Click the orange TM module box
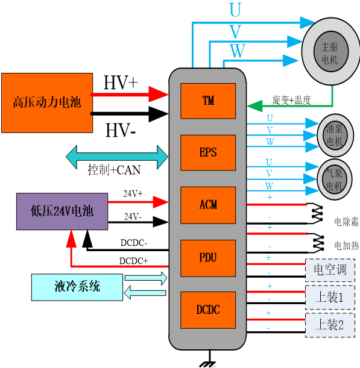[x=208, y=101]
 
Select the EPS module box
[x=208, y=152]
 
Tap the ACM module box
[x=208, y=205]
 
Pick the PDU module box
[x=208, y=258]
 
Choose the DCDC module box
[x=208, y=310]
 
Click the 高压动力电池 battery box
[x=47, y=103]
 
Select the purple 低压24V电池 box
[x=62, y=211]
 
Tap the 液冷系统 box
[x=77, y=287]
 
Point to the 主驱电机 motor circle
[x=331, y=51]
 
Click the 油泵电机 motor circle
[x=335, y=136]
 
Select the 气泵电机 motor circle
[x=335, y=179]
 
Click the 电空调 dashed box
[x=330, y=270]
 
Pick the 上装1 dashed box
[x=330, y=298]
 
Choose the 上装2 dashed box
[x=330, y=325]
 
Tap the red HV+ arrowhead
[x=158, y=95]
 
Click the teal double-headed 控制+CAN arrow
[x=117, y=157]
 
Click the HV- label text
[x=121, y=131]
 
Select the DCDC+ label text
[x=133, y=261]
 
